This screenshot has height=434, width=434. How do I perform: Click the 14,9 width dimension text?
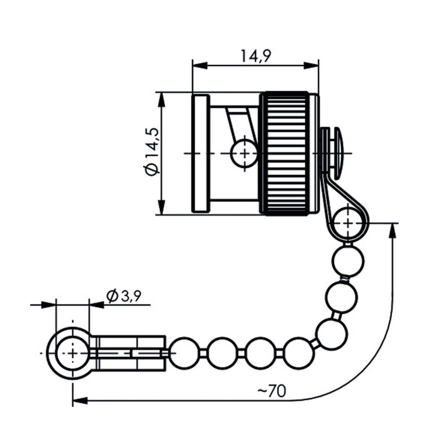[x=254, y=55]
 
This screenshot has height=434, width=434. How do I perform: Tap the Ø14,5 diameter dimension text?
[x=151, y=151]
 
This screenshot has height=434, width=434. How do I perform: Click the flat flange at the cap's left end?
[x=200, y=153]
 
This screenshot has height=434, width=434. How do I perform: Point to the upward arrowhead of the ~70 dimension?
[x=391, y=229]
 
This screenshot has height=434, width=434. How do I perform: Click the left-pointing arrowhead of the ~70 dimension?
[x=79, y=401]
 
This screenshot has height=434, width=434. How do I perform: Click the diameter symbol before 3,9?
[x=112, y=296]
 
